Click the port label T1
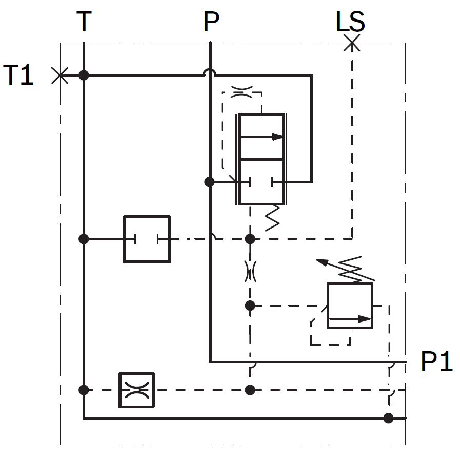point(18,75)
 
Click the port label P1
point(437,362)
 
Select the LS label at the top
point(350,23)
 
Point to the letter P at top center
point(211,22)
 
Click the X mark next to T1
point(60,75)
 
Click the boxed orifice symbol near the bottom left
point(136,390)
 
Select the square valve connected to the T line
point(147,239)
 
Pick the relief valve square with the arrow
point(350,306)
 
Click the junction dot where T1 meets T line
point(84,75)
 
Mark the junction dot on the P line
point(209,182)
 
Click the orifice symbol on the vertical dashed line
point(250,271)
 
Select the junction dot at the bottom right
point(389,418)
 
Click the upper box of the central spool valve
point(260,136)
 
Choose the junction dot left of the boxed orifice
point(84,390)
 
